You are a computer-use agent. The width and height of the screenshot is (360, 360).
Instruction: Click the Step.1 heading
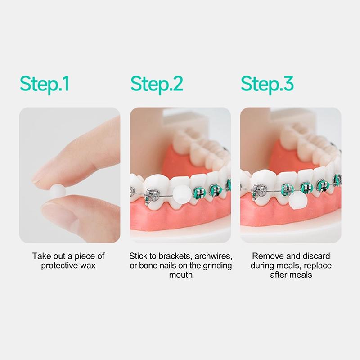(45, 84)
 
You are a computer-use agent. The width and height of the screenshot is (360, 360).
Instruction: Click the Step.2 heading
(157, 84)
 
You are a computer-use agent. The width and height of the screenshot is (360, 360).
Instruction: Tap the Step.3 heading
(267, 84)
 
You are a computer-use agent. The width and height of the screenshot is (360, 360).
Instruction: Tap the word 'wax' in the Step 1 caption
(88, 265)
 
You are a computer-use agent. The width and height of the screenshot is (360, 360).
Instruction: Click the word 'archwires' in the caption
(211, 256)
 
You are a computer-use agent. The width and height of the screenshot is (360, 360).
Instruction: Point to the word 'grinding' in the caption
(216, 265)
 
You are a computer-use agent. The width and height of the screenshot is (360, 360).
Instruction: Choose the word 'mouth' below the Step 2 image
(180, 274)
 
